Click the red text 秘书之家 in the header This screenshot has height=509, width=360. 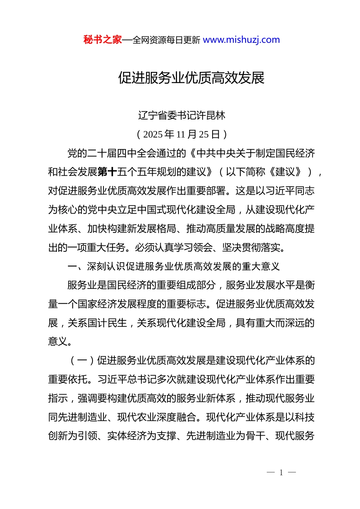click(x=102, y=40)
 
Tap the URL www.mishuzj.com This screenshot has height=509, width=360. click(x=241, y=40)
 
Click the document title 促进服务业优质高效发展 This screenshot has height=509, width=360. click(x=191, y=78)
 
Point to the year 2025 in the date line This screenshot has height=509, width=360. click(x=153, y=134)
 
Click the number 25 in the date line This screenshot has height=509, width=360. click(x=204, y=134)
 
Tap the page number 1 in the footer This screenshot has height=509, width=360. click(x=281, y=473)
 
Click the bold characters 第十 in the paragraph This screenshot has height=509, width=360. click(x=107, y=172)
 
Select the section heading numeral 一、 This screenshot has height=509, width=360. click(x=77, y=267)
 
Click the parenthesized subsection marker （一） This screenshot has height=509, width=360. click(x=82, y=361)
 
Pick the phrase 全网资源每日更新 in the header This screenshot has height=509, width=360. click(x=166, y=40)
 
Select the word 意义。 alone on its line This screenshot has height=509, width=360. click(x=60, y=342)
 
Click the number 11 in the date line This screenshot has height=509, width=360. click(x=181, y=134)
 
